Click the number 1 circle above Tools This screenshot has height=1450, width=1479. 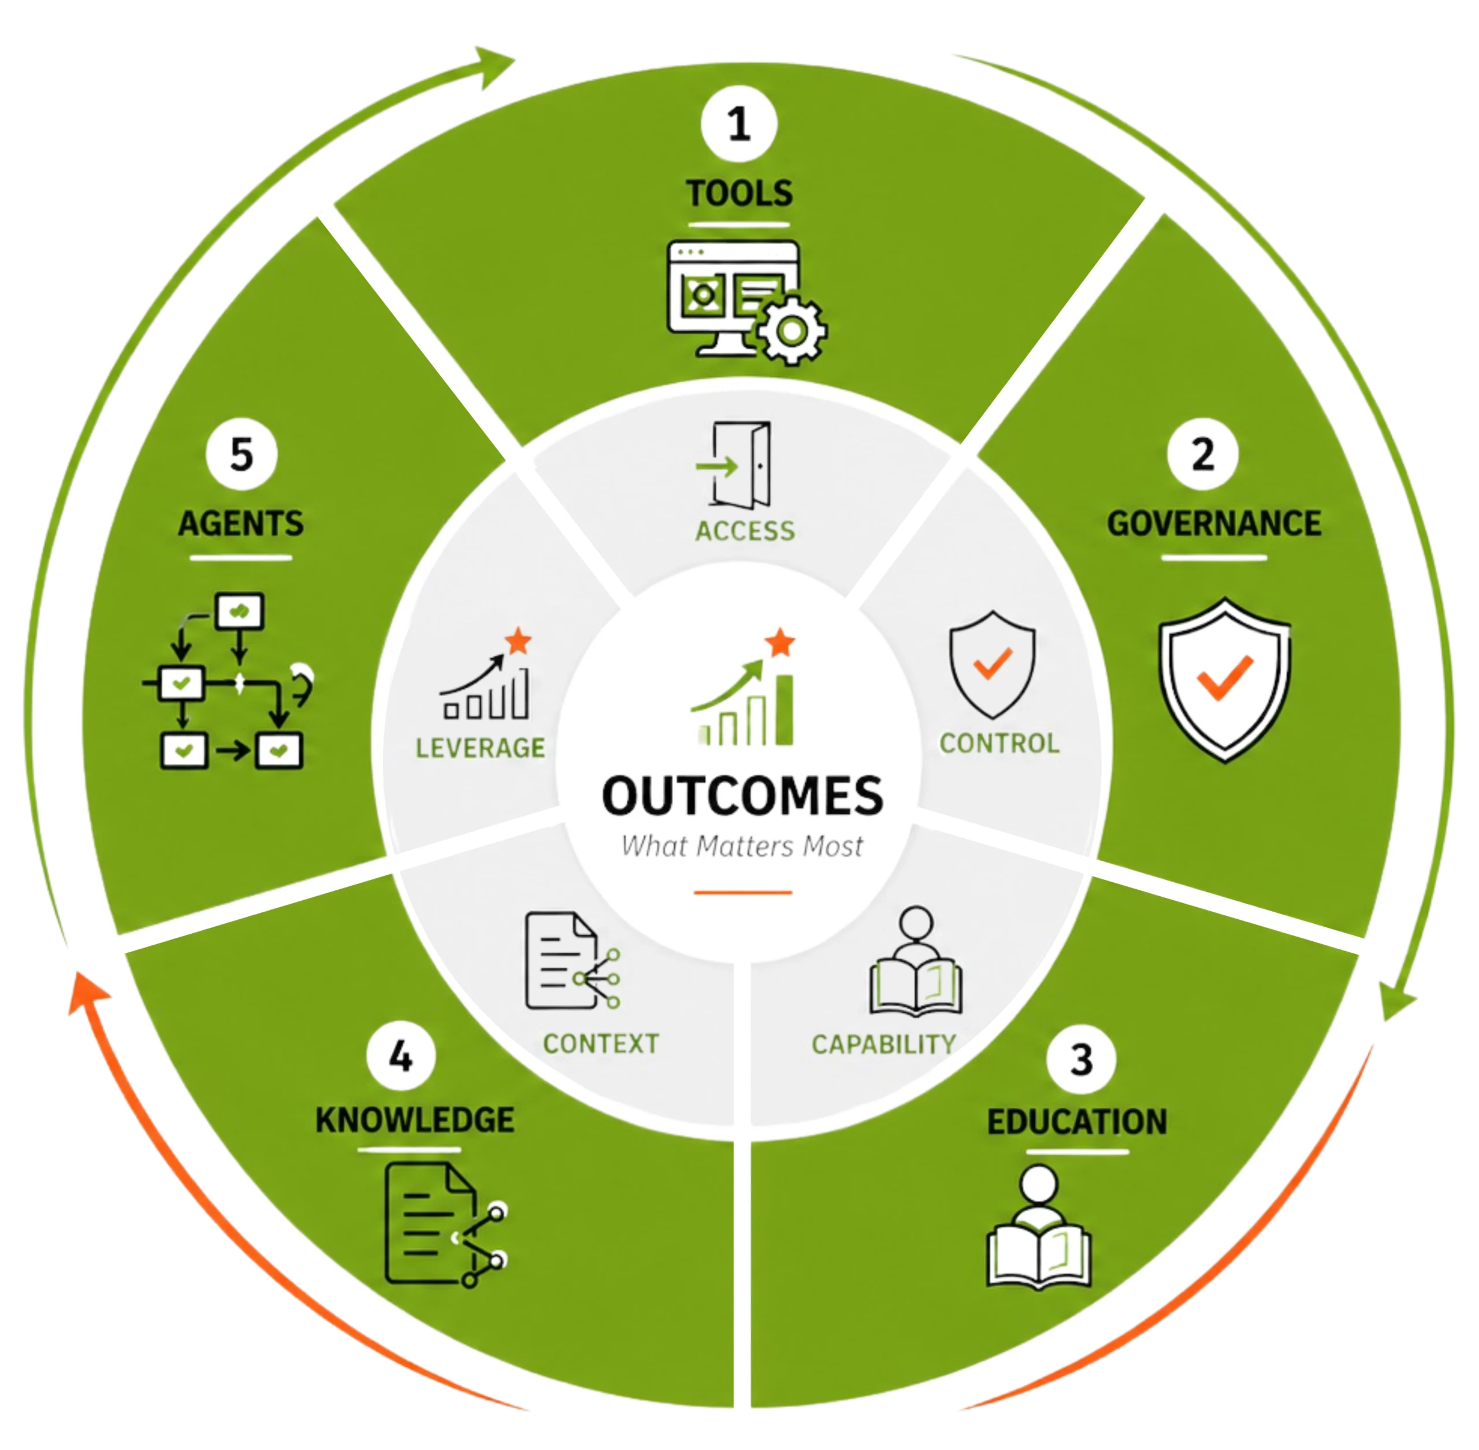(738, 124)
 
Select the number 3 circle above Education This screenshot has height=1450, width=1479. (1081, 1059)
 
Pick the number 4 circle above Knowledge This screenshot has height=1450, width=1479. (400, 1056)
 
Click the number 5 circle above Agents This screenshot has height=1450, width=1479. (241, 454)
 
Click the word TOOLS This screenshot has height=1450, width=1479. (739, 194)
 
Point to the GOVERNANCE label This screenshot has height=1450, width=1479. (1213, 524)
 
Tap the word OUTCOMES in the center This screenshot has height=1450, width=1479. (742, 796)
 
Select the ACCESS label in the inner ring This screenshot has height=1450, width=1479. (745, 531)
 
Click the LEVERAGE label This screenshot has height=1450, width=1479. (480, 748)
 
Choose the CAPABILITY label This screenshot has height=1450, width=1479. (884, 1044)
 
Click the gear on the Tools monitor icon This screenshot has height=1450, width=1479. (791, 330)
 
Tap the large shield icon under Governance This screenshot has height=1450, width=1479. (1224, 680)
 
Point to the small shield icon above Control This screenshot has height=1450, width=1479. (992, 664)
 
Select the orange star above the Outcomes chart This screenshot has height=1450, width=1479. (780, 643)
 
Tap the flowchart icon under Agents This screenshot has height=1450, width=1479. (228, 682)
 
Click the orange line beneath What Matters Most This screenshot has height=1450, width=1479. (742, 892)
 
